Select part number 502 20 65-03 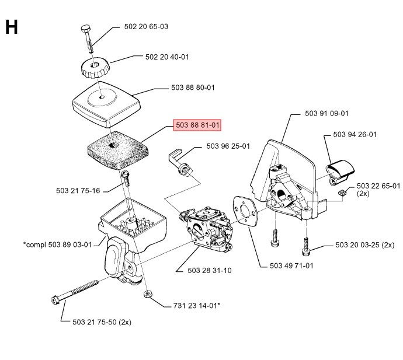(146, 26)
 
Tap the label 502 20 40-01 (167, 57)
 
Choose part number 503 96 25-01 (228, 146)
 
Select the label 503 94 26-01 (355, 134)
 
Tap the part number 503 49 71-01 (292, 266)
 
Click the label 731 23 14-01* (197, 305)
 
